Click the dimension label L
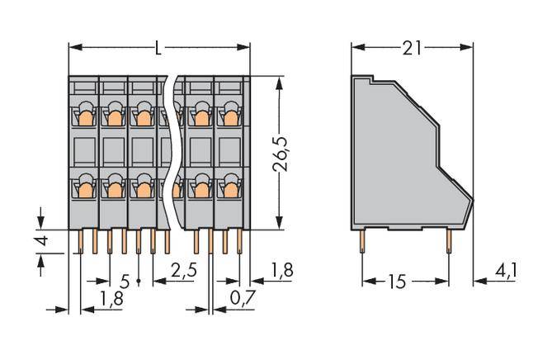[x=158, y=48]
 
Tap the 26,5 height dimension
[x=283, y=154]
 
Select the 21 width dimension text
[x=412, y=48]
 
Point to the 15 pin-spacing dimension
[x=397, y=282]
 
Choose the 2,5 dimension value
[x=185, y=269]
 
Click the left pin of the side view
[x=362, y=240]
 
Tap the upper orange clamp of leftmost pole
[x=83, y=118]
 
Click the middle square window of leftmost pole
[x=83, y=152]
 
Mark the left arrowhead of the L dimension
[x=73, y=47]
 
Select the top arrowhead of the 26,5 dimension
[x=282, y=81]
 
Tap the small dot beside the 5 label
[x=138, y=282]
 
